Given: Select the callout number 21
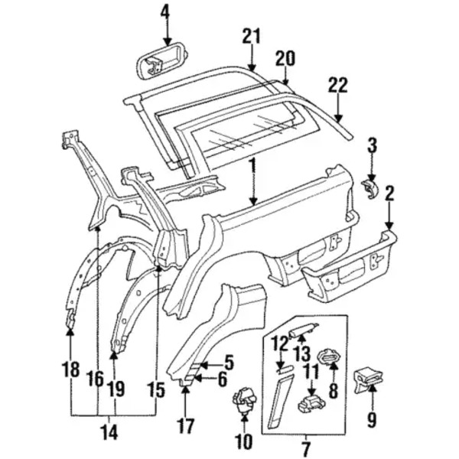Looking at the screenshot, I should click(252, 36).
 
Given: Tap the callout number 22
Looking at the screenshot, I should click(337, 85).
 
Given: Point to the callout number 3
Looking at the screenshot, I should click(373, 145).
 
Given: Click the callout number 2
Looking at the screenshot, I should click(389, 194).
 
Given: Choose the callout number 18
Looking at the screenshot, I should click(70, 370).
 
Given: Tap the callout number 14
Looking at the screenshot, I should click(110, 431).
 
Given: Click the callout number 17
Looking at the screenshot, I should click(187, 424).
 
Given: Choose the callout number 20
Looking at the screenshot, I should click(285, 58).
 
